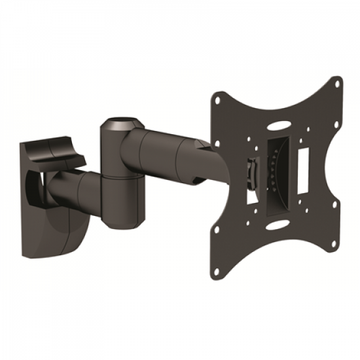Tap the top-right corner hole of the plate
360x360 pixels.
tap(338, 82)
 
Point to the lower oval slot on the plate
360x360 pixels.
tap(276, 227)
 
